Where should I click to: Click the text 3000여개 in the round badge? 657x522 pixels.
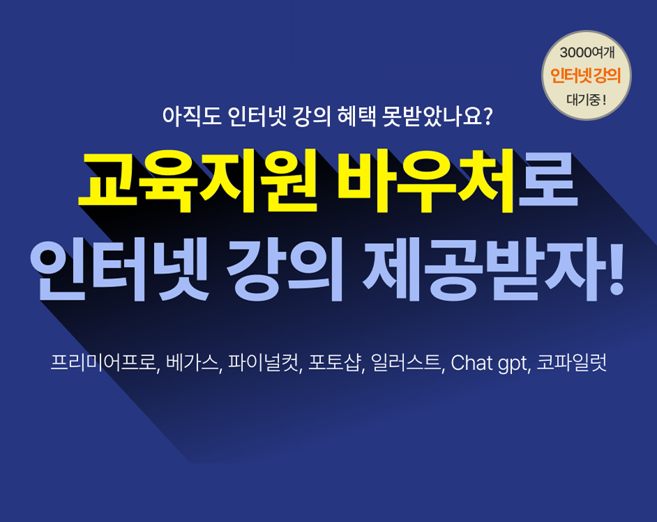587,53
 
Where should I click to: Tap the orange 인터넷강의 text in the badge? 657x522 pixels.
585,76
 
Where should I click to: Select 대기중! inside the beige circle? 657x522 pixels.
586,100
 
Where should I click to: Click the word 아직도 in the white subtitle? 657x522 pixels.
192,116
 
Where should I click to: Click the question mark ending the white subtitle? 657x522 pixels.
486,116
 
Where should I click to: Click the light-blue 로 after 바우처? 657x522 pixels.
548,181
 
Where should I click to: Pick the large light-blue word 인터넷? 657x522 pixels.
119,270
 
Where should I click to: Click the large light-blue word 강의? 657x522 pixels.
284,270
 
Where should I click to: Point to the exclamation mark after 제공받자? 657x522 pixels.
616,270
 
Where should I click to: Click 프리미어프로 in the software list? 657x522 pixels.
103,362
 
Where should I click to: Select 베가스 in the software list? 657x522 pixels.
192,362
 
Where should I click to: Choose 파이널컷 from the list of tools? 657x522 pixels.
264,362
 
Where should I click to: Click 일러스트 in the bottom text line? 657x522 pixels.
406,362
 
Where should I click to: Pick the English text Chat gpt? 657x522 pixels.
488,363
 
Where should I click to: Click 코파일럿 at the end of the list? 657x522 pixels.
571,362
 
